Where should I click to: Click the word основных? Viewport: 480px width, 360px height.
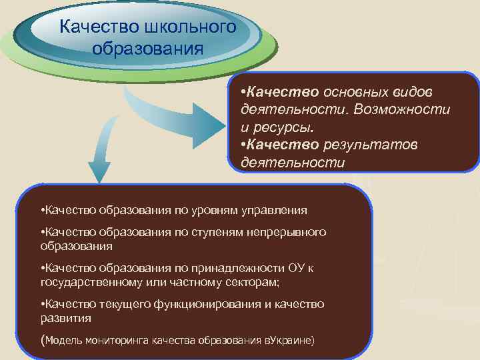[x=353, y=90]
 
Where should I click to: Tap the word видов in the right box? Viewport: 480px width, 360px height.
[x=413, y=90]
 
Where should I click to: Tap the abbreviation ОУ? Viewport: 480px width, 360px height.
[x=298, y=267]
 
